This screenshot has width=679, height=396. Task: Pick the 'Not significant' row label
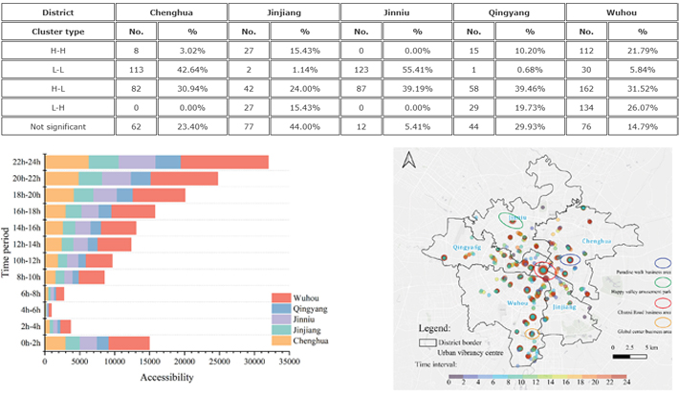(58, 124)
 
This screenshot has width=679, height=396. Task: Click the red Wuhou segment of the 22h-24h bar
(224, 163)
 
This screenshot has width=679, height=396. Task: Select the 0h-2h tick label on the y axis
(30, 342)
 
